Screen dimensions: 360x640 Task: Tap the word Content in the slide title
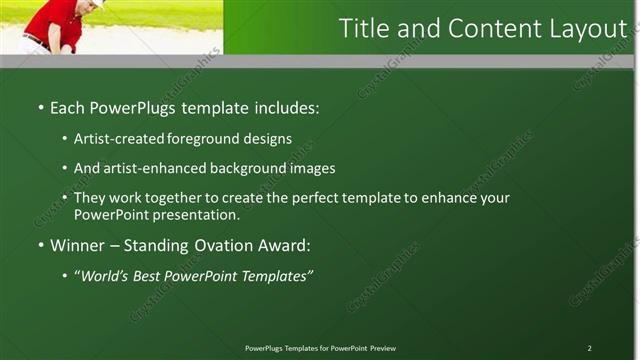(483, 29)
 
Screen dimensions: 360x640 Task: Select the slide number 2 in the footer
(589, 348)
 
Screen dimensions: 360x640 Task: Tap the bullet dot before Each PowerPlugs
(40, 106)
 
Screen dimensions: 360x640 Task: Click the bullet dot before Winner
(40, 245)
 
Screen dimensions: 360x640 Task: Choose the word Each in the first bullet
(68, 106)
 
